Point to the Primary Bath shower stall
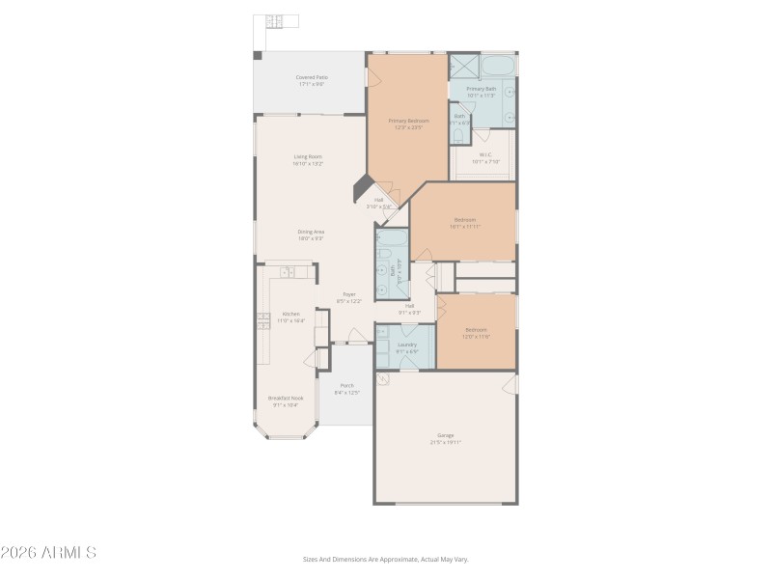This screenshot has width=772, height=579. pyautogui.click(x=464, y=66)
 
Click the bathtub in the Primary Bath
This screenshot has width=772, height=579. pyautogui.click(x=498, y=66)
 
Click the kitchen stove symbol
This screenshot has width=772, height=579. pyautogui.click(x=262, y=319)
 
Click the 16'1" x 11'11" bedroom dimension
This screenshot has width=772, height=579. pyautogui.click(x=464, y=226)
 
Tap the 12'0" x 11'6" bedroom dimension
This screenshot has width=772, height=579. pyautogui.click(x=476, y=336)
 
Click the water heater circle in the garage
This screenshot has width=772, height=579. pyautogui.click(x=383, y=380)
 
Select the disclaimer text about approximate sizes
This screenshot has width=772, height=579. pyautogui.click(x=385, y=559)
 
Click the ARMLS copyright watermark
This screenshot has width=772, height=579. pyautogui.click(x=48, y=553)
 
